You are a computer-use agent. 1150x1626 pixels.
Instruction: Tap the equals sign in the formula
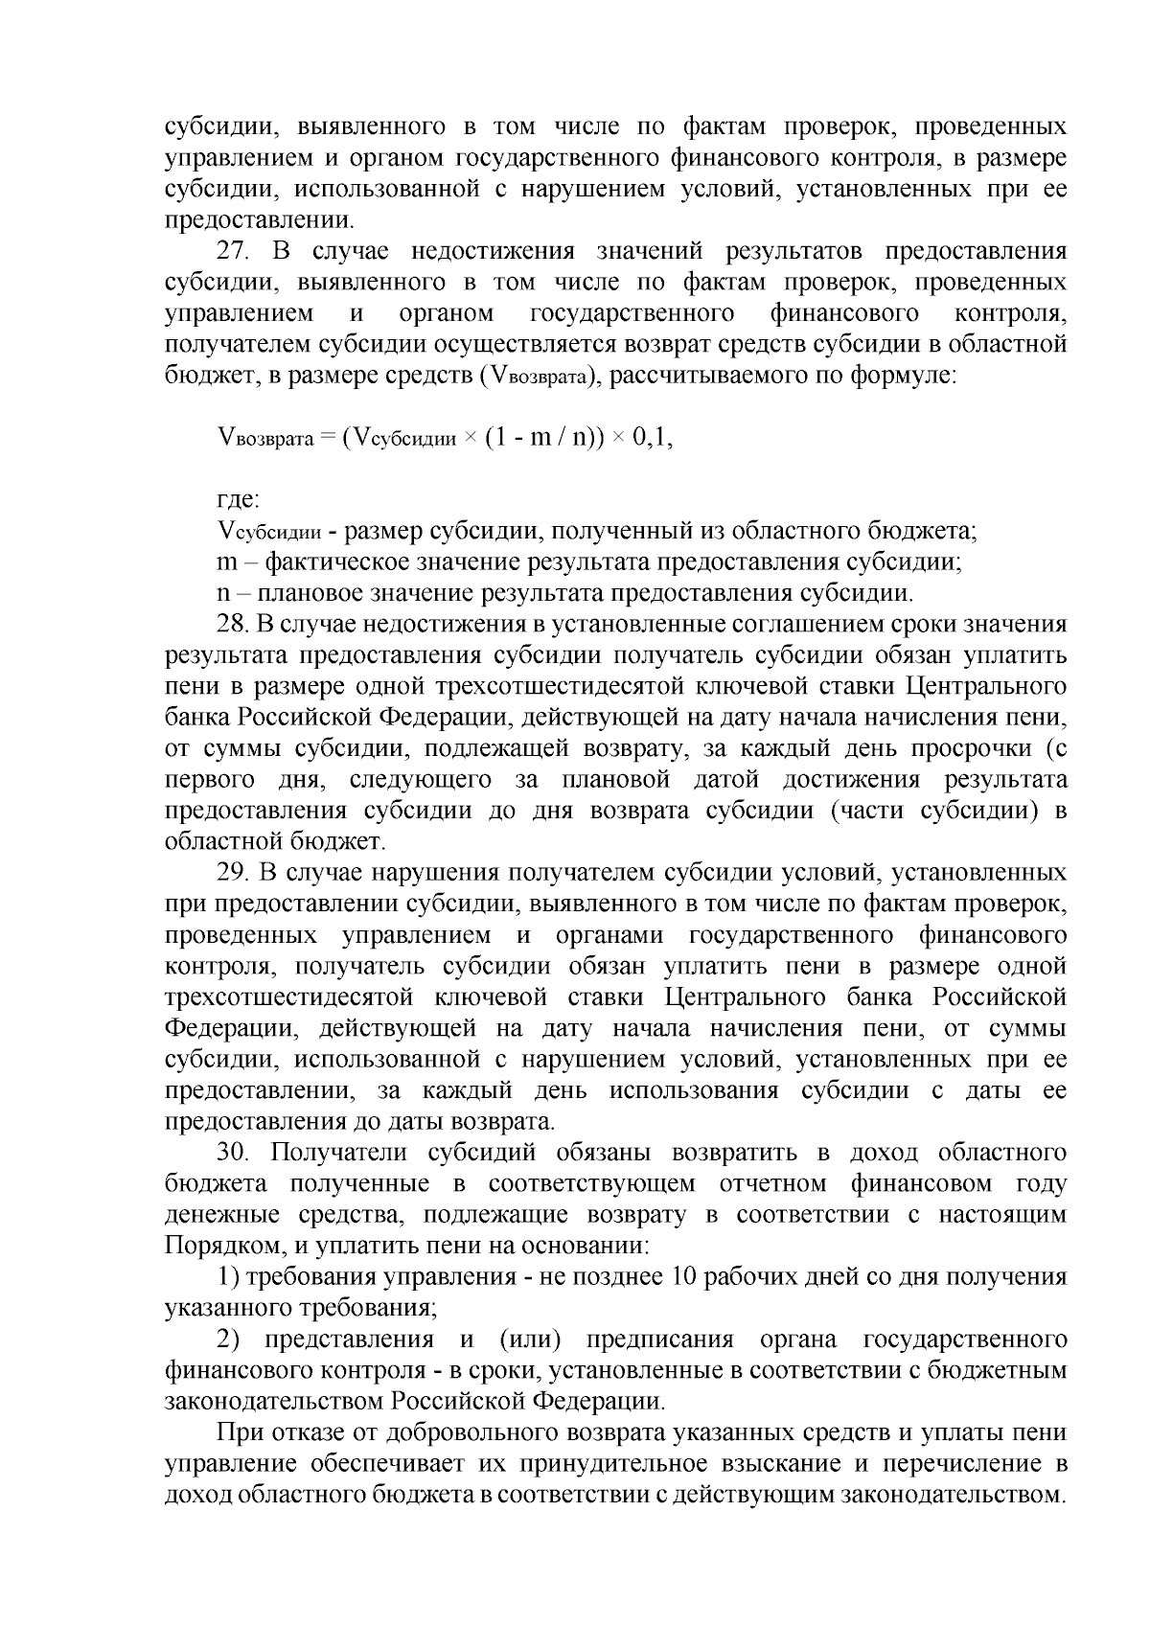click(326, 439)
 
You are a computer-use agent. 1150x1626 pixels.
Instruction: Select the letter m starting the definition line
click(228, 562)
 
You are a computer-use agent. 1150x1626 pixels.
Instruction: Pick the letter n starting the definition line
click(224, 593)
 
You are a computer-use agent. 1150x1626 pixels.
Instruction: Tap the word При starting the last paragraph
click(239, 1433)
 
